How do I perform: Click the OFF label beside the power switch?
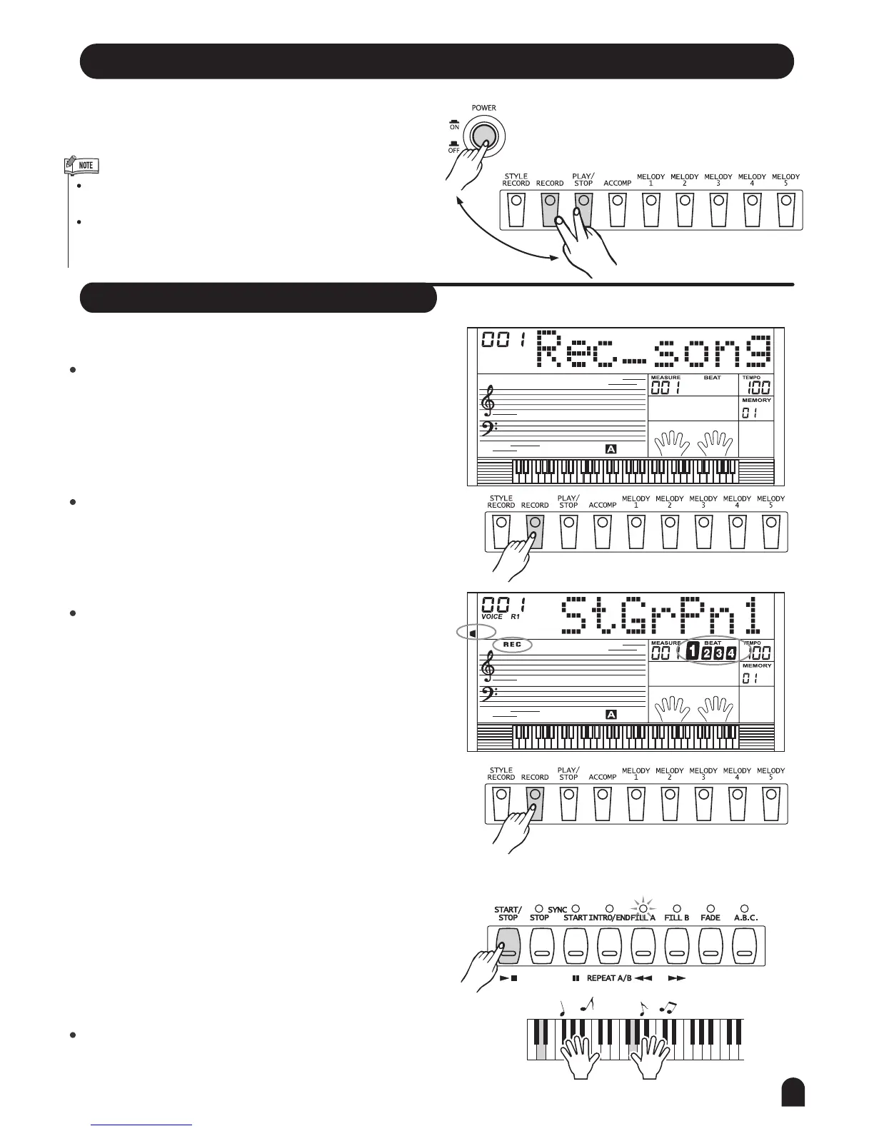453,150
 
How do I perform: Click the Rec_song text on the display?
653,351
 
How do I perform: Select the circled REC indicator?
513,644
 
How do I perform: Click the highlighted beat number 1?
691,651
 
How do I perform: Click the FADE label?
710,918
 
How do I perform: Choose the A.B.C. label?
745,918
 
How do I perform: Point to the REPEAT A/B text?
609,977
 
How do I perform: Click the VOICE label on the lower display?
492,616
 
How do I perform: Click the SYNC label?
557,910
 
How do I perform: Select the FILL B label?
676,918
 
